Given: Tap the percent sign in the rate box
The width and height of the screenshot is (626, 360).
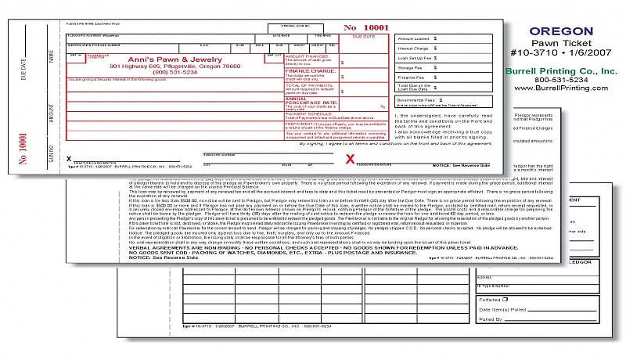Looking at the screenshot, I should point(382,106).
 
